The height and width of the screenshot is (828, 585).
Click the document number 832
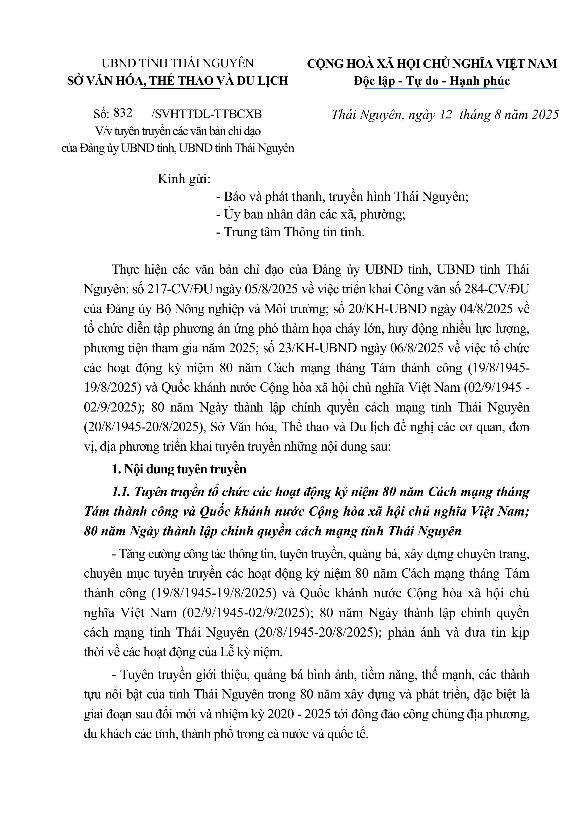[123, 113]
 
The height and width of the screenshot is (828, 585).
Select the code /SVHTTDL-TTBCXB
[207, 114]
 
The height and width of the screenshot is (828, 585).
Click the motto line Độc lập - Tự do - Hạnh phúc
[431, 80]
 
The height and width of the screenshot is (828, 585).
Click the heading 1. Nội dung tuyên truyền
[179, 469]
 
